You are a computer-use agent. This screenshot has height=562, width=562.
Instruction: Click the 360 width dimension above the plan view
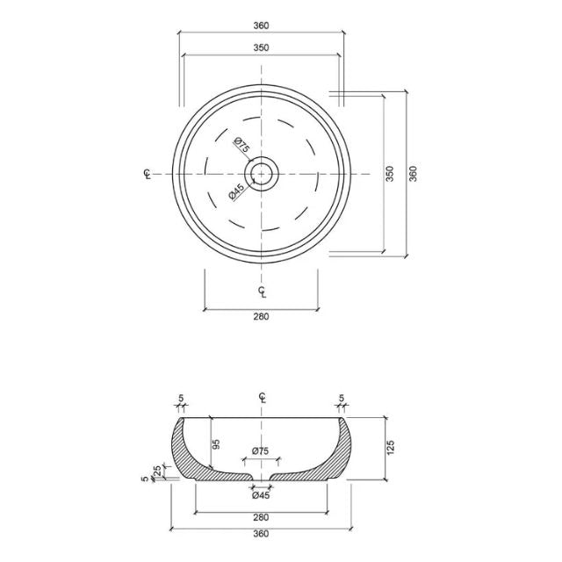[x=261, y=25]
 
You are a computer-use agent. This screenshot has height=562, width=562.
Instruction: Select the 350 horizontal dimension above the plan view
[x=261, y=48]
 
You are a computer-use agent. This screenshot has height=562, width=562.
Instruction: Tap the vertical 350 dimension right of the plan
[x=391, y=174]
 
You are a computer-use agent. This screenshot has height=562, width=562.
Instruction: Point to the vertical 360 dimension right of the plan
[x=413, y=174]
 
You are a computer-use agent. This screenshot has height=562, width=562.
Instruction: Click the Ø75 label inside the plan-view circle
[x=241, y=146]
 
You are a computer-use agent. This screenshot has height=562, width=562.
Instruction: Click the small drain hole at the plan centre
[x=262, y=173]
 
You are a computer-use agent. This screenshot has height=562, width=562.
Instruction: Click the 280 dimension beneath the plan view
[x=261, y=317]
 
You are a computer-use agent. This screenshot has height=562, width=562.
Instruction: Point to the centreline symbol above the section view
[x=262, y=398]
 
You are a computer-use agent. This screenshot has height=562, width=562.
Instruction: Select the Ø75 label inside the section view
[x=261, y=451]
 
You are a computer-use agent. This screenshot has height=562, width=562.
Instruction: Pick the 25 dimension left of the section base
[x=157, y=472]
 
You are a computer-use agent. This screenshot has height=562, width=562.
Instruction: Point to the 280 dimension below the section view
[x=261, y=517]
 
